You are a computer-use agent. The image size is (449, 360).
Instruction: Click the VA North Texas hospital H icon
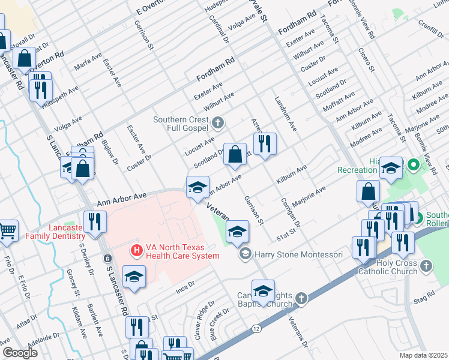[x=136, y=250]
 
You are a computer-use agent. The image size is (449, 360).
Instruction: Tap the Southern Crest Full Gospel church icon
[x=218, y=123]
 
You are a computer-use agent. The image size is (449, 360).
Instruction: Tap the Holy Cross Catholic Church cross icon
[x=426, y=265]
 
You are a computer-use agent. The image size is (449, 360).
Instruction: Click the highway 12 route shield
[x=256, y=329]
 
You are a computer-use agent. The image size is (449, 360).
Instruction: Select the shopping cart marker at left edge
[x=7, y=230]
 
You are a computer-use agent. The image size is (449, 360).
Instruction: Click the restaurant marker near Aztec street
[x=264, y=143]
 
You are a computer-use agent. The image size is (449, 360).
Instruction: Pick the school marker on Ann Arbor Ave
[x=197, y=187]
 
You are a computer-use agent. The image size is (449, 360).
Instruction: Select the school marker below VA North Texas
[x=134, y=277]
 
